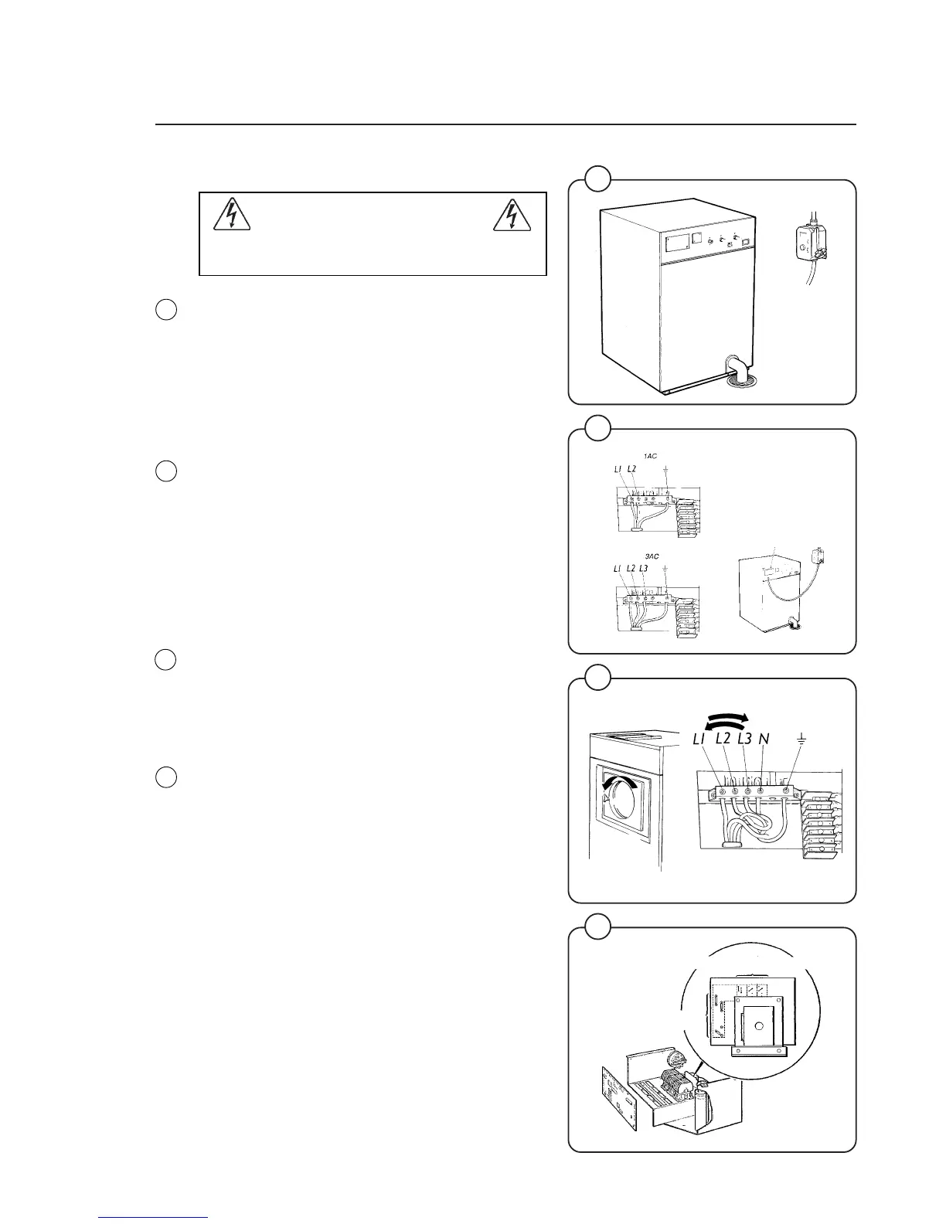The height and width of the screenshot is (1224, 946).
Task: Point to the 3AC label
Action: [x=651, y=556]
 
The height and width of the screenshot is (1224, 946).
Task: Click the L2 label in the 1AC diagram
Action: [x=631, y=469]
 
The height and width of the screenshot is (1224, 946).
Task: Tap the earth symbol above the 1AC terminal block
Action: [x=665, y=469]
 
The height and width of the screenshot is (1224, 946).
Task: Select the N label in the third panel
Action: [x=764, y=739]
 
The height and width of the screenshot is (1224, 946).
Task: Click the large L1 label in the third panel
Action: [x=701, y=739]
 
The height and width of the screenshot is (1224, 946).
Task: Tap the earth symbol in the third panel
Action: [x=801, y=740]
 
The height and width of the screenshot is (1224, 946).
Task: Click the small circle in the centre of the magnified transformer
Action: [x=757, y=1026]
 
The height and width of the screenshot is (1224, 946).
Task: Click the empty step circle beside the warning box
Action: [x=165, y=310]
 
